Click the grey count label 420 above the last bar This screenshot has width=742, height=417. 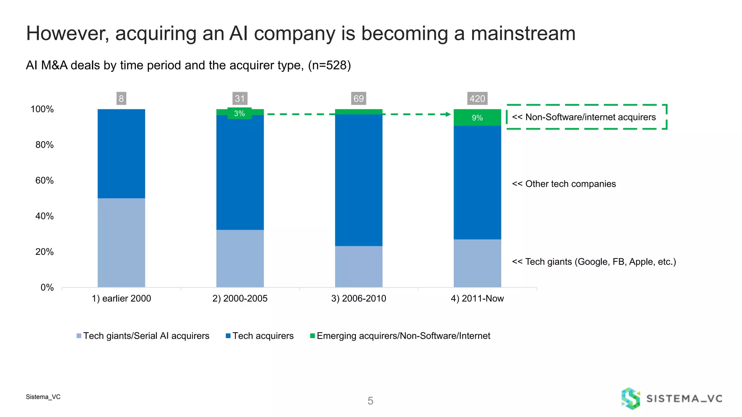tap(477, 98)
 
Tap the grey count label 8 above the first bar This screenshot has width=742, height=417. tap(121, 98)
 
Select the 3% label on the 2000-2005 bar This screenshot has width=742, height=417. tap(239, 113)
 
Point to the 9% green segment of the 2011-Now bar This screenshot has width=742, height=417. tap(477, 118)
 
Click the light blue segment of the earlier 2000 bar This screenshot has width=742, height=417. tap(121, 243)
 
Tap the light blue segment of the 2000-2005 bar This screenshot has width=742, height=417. tap(240, 258)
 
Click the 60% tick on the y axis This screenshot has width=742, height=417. tap(45, 180)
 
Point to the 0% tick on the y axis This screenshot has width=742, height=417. tap(47, 287)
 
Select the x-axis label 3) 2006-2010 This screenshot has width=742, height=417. tap(359, 298)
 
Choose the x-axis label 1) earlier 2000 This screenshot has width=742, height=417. tap(121, 298)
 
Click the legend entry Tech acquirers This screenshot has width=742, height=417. tap(263, 336)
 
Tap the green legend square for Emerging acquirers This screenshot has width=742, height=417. tap(312, 336)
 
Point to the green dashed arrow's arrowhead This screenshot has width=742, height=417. tap(448, 114)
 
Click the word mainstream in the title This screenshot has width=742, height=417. tap(523, 33)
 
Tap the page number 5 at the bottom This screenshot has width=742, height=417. tap(370, 401)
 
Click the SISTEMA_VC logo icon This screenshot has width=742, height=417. tap(630, 399)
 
